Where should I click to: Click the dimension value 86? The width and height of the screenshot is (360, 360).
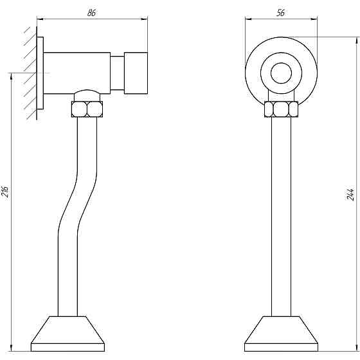pyautogui.click(x=91, y=13)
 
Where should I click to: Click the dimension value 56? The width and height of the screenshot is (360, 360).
pyautogui.click(x=280, y=13)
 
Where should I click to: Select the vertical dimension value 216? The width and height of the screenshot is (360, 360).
pyautogui.click(x=5, y=192)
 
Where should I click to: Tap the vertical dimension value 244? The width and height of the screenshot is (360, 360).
pyautogui.click(x=350, y=195)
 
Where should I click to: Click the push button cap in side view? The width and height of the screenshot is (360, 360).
pyautogui.click(x=136, y=73)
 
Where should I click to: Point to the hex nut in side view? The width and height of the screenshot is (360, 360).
pyautogui.click(x=87, y=109)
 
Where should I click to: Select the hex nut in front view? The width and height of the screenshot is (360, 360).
pyautogui.click(x=282, y=109)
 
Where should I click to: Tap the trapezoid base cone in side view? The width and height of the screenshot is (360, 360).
pyautogui.click(x=67, y=334)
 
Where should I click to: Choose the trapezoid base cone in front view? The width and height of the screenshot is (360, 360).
pyautogui.click(x=282, y=334)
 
